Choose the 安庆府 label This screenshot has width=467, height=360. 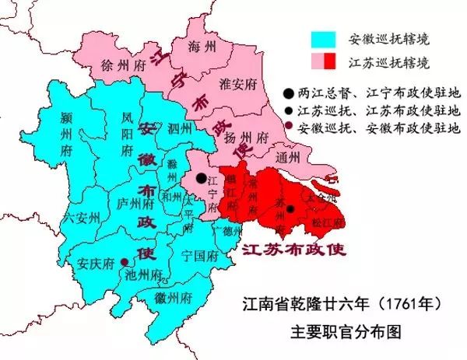coord(96,260)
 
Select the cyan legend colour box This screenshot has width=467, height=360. coord(321,39)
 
